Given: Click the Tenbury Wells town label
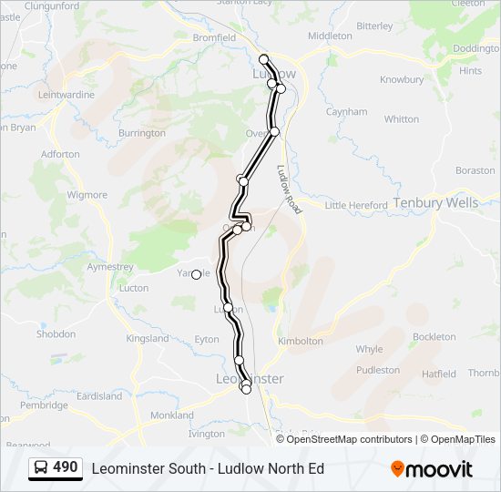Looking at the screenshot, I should pyautogui.click(x=435, y=203).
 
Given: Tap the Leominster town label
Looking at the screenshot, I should pyautogui.click(x=251, y=378).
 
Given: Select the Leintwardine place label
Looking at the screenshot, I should pyautogui.click(x=66, y=94).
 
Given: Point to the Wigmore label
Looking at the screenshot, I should pyautogui.click(x=87, y=195).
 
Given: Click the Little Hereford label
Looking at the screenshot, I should pyautogui.click(x=356, y=206).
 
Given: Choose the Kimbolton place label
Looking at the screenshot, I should pyautogui.click(x=301, y=341).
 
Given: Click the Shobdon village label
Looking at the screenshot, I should pyautogui.click(x=56, y=334).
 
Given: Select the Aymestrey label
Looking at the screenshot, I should pyautogui.click(x=109, y=267).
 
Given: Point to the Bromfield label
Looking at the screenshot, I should pyautogui.click(x=214, y=38).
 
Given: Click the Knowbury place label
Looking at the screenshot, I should pyautogui.click(x=402, y=79).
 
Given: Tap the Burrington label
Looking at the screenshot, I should pyautogui.click(x=142, y=133).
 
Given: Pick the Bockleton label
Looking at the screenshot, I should pyautogui.click(x=434, y=337).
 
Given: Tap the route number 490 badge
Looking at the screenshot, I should pyautogui.click(x=65, y=467).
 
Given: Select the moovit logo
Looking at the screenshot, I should pyautogui.click(x=432, y=469).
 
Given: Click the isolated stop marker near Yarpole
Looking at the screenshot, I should pyautogui.click(x=196, y=274).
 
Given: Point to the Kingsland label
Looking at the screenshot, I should pyautogui.click(x=148, y=339).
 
